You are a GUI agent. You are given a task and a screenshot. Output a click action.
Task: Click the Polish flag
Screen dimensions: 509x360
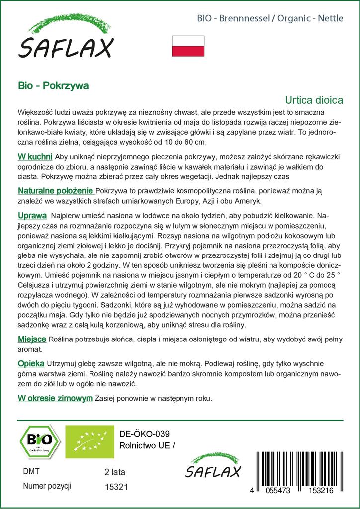188,46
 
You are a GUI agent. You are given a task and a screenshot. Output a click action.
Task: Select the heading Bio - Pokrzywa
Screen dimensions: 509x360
53,85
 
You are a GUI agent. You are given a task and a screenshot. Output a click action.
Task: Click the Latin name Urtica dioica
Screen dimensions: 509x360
314,99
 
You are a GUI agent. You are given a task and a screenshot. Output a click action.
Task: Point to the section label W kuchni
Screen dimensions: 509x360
33,157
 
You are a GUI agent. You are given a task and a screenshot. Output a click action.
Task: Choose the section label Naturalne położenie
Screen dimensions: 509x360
56,191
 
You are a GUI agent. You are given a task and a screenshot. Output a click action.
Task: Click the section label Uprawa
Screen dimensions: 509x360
32,216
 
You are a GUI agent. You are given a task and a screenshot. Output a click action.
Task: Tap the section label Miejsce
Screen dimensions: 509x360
32,339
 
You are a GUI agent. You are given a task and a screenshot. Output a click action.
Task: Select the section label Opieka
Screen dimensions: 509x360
31,363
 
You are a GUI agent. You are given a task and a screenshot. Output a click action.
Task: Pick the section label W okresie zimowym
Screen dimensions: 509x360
55,398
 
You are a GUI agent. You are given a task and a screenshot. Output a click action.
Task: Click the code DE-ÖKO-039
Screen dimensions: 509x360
141,434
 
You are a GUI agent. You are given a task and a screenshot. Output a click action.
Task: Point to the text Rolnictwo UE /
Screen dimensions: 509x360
148,445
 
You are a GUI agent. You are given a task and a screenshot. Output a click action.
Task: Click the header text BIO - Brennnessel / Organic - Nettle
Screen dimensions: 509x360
270,19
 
